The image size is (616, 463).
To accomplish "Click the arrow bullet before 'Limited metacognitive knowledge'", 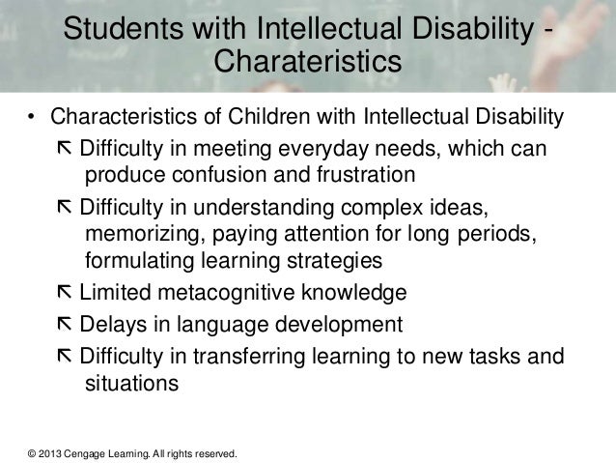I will (65, 293).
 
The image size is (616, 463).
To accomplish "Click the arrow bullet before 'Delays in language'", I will (65, 324).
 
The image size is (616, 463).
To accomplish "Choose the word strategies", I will (325, 261).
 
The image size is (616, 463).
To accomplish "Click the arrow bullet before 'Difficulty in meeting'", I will (65, 152).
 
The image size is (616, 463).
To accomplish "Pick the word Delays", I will (109, 324).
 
